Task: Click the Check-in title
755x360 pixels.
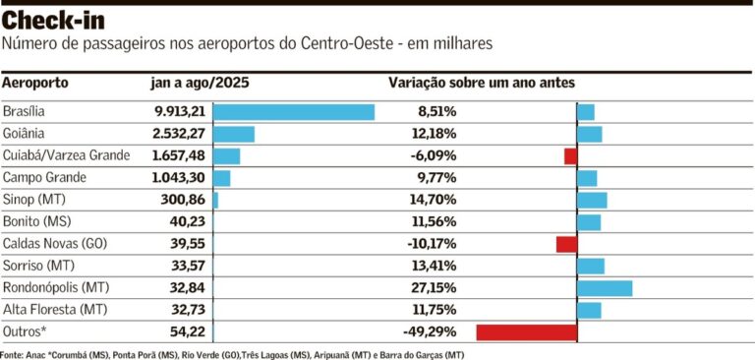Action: [x=54, y=21]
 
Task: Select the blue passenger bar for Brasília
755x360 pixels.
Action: [x=294, y=112]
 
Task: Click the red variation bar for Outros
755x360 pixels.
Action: [x=526, y=332]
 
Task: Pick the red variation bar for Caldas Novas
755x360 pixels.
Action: [x=566, y=244]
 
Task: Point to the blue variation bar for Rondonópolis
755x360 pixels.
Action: [x=605, y=288]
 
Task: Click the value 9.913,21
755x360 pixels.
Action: [x=172, y=112]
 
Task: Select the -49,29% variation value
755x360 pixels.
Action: [x=430, y=332]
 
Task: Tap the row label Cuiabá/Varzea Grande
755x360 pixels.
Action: [x=67, y=155]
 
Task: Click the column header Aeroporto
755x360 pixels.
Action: [x=36, y=84]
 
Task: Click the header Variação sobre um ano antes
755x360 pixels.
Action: [x=482, y=84]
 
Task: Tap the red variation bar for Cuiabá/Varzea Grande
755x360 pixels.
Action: [x=570, y=155]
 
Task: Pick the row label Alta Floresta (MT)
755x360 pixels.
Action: [x=53, y=310]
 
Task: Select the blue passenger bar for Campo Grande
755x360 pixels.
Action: [x=221, y=178]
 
